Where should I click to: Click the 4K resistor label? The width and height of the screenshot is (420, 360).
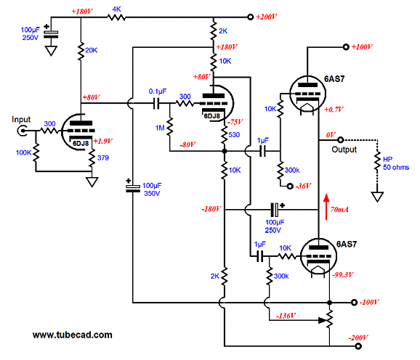coord(116,9)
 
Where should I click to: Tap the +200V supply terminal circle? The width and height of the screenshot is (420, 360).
coord(250,17)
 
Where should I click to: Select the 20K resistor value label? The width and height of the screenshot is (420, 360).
coord(91,50)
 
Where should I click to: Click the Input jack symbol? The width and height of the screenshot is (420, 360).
coord(22,131)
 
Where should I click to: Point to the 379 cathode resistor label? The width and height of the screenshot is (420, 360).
coord(103,157)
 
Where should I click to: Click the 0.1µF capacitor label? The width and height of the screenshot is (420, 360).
coord(158,91)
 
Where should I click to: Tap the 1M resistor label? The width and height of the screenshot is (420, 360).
coord(160,128)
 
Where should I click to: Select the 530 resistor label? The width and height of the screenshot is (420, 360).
coord(234,135)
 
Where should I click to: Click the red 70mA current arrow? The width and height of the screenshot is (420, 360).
coord(326,207)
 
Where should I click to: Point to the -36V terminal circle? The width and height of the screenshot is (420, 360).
coord(290,186)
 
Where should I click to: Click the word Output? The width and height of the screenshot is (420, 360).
coord(344,150)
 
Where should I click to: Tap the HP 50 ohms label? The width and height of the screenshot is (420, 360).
coord(396,163)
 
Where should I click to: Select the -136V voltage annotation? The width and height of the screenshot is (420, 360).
coord(286,316)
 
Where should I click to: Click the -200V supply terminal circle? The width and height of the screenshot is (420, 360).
coord(358,346)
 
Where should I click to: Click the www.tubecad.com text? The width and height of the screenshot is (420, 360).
coord(73,335)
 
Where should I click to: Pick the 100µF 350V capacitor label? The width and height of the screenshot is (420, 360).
coord(152,189)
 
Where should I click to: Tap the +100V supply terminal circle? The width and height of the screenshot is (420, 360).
coord(346,47)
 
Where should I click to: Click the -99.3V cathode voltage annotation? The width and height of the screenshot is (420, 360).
coord(343,274)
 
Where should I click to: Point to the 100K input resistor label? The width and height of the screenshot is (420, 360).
coord(23,152)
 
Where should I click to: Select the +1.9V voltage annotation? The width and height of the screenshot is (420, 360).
coord(103,142)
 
